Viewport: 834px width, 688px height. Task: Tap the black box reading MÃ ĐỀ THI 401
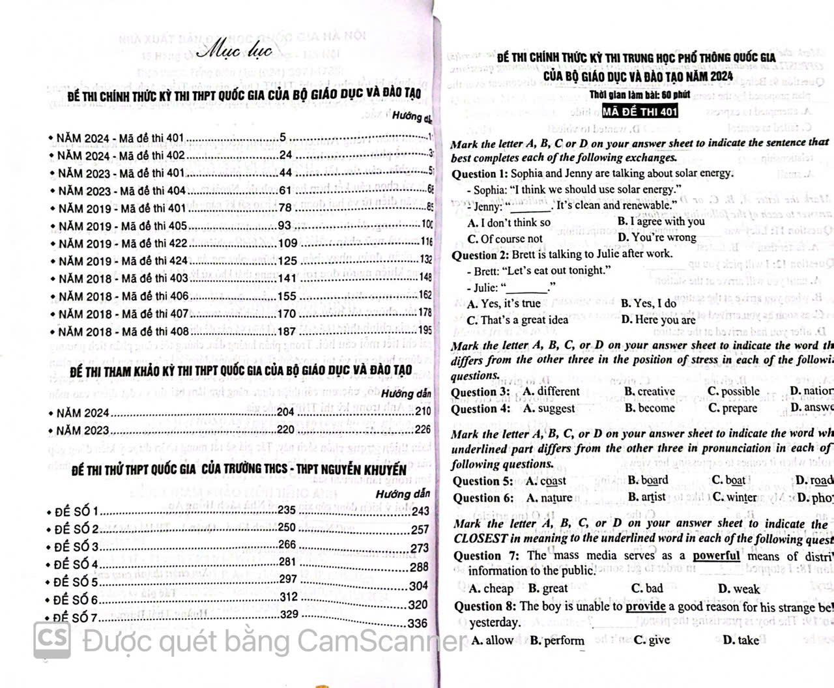point(640,111)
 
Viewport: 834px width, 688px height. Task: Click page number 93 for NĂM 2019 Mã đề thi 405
point(284,225)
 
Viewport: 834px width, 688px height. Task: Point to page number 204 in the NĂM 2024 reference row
point(285,412)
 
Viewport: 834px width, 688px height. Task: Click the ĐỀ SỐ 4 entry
point(76,564)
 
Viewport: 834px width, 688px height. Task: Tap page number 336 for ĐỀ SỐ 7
point(417,623)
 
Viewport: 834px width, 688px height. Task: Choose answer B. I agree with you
point(661,222)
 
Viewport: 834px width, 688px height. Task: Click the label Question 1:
point(480,174)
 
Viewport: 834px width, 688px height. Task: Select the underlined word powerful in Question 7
point(715,556)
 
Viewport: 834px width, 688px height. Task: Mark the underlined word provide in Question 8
point(645,607)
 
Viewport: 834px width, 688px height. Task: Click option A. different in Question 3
point(551,392)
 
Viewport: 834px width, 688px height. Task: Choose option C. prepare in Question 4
point(732,408)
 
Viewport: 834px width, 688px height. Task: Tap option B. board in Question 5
point(648,480)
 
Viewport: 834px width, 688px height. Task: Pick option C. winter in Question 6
point(734,497)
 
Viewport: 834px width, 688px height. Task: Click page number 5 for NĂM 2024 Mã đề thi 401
point(282,137)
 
